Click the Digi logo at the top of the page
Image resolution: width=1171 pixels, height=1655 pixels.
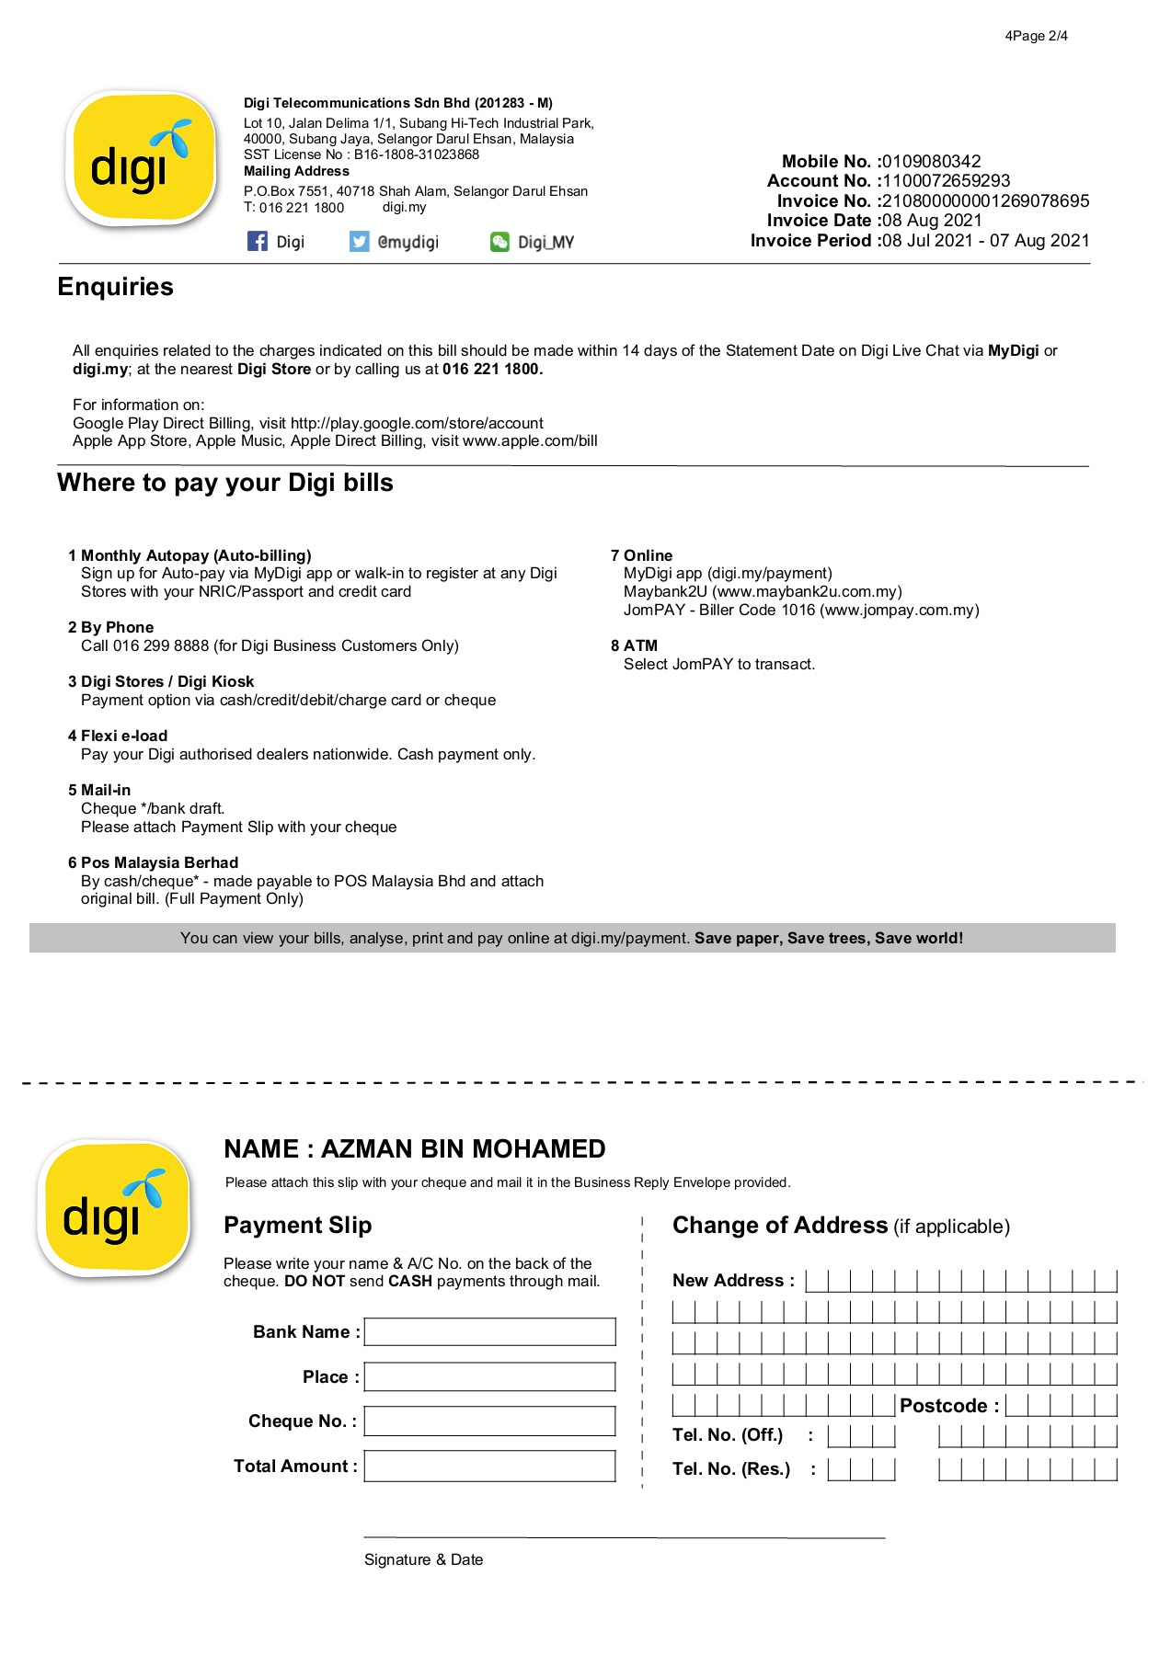click(141, 158)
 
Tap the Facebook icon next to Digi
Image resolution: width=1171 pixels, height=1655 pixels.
click(258, 242)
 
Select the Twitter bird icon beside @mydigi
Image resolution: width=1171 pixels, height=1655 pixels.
click(359, 242)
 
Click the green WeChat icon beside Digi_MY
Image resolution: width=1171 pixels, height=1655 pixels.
click(499, 242)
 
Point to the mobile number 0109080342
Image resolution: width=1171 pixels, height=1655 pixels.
click(931, 162)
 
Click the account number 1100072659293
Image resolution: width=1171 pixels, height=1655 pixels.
click(946, 181)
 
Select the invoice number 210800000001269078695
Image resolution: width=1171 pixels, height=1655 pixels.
click(985, 201)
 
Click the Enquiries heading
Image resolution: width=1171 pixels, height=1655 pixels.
click(116, 287)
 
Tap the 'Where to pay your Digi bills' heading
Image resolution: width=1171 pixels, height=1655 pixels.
click(225, 483)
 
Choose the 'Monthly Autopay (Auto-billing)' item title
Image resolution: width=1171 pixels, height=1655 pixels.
click(196, 555)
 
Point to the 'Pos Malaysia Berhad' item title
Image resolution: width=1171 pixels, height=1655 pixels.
click(159, 862)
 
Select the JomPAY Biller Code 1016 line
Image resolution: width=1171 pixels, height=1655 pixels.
click(800, 611)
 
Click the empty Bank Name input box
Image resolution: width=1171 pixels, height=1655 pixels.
click(489, 1331)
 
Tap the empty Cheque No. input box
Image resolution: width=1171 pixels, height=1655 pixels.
click(489, 1421)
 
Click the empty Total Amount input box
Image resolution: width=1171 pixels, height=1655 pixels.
click(489, 1466)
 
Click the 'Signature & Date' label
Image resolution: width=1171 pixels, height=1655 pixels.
click(423, 1559)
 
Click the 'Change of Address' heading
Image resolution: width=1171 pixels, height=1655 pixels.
click(780, 1226)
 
